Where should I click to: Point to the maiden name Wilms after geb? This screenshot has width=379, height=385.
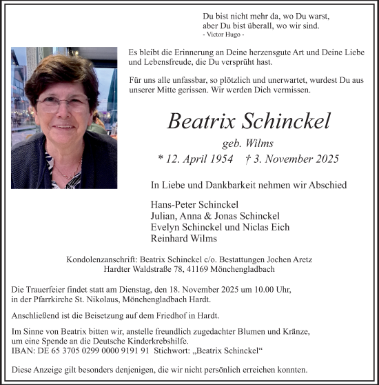pyautogui.click(x=260, y=144)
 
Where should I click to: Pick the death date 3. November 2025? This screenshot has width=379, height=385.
pyautogui.click(x=297, y=159)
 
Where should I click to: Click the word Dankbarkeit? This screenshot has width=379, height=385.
pyautogui.click(x=223, y=185)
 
